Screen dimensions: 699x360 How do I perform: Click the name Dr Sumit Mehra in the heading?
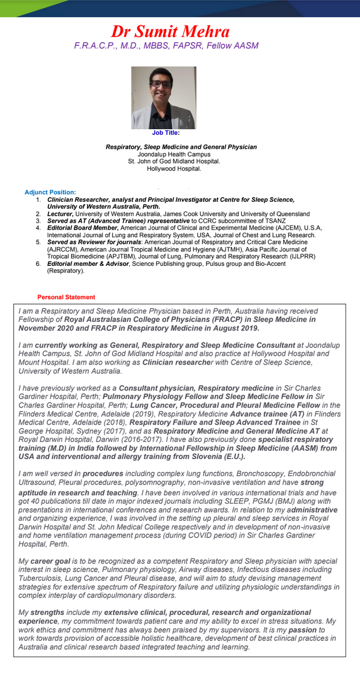[x=170, y=31]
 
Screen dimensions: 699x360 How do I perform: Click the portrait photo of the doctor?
[x=163, y=97]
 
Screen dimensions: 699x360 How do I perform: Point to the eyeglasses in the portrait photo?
[x=162, y=84]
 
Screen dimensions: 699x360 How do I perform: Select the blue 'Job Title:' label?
[x=166, y=133]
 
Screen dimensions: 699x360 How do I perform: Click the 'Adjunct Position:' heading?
[x=50, y=192]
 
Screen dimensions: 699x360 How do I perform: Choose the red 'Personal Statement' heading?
[x=66, y=297]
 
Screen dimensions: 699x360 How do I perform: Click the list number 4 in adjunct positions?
[x=38, y=228]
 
